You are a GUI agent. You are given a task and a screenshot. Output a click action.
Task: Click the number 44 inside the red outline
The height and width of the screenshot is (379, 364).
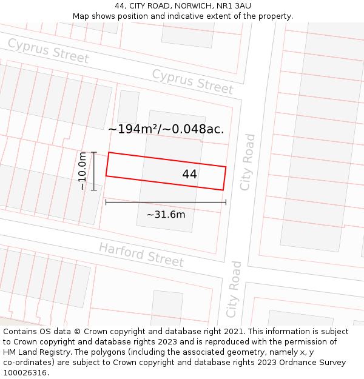[189, 174]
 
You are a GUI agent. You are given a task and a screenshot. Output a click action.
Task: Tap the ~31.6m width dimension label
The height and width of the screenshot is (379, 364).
[166, 214]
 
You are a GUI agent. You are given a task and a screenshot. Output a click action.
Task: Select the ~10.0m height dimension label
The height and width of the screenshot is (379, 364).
[83, 171]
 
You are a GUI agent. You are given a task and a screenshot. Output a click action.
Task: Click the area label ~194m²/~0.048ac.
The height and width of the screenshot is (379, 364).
[166, 129]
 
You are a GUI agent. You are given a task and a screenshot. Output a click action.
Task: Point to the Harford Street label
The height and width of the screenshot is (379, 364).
[141, 255]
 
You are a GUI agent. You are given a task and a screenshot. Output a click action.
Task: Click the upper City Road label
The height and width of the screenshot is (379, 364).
[248, 162]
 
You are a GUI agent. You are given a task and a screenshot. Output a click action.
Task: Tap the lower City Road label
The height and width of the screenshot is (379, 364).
[234, 289]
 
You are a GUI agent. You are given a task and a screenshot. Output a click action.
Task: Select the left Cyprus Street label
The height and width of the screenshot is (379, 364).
[49, 51]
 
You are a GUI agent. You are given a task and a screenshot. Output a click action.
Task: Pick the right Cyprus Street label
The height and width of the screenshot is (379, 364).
[192, 81]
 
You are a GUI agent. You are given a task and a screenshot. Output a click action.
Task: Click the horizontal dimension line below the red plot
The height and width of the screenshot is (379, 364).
[166, 202]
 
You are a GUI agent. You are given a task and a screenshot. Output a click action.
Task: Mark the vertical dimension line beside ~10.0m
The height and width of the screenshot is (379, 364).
[94, 171]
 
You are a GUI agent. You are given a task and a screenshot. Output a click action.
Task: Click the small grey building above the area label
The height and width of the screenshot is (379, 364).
[128, 107]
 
